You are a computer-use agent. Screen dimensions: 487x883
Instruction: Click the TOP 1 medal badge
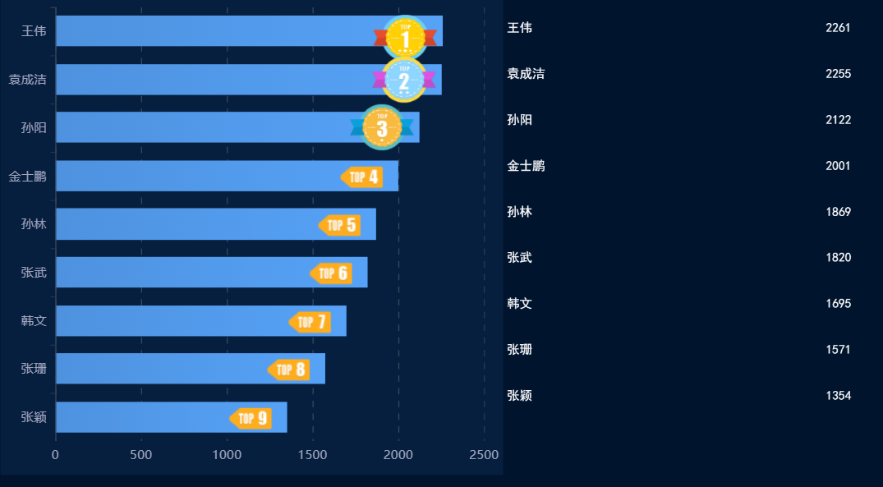(x=405, y=37)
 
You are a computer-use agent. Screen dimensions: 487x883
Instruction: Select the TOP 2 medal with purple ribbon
(x=404, y=80)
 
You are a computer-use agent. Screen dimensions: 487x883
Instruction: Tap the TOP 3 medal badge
(x=382, y=127)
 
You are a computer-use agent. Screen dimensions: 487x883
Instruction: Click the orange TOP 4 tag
(x=362, y=177)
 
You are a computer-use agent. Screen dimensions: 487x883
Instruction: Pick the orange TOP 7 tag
(x=310, y=322)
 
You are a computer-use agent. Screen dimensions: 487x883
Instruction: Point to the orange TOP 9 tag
(x=251, y=419)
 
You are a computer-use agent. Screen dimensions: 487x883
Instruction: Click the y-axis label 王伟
(x=34, y=31)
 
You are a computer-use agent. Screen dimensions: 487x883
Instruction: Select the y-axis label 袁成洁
(x=27, y=80)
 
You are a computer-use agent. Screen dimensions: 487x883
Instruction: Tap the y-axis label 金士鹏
(x=27, y=177)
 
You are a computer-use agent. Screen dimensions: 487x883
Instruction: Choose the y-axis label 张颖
(x=34, y=417)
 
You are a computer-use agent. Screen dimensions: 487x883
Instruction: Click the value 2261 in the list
(x=838, y=28)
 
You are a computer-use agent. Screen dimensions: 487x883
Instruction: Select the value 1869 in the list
(x=838, y=212)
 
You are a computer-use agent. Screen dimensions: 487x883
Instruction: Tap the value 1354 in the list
(x=838, y=396)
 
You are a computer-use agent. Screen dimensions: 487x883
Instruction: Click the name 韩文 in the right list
(x=520, y=304)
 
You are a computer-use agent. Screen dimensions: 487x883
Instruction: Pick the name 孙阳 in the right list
(x=520, y=120)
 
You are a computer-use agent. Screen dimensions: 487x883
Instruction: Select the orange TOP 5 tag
(x=340, y=225)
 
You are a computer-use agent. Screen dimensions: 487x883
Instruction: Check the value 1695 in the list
(x=838, y=304)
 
